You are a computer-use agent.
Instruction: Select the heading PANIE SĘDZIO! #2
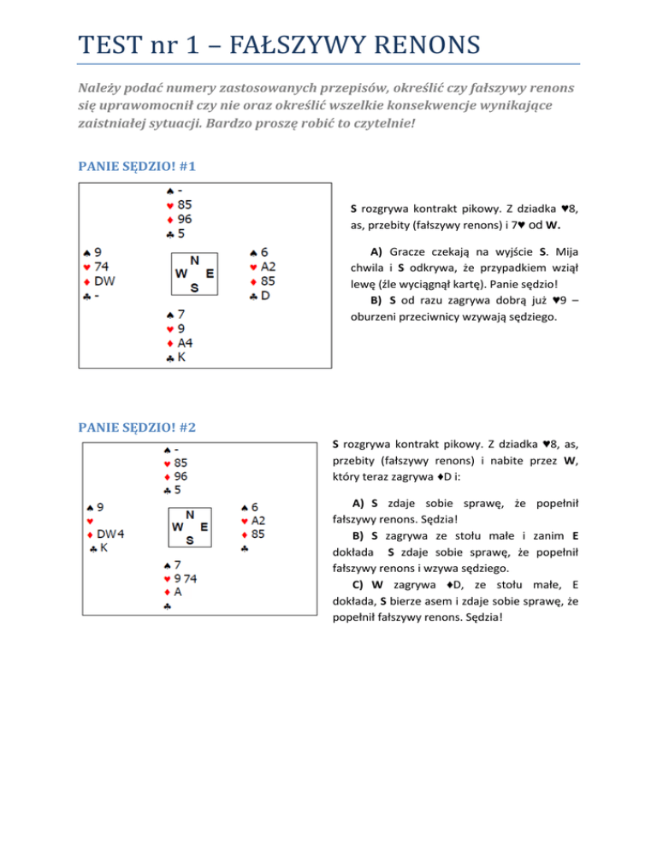click(136, 425)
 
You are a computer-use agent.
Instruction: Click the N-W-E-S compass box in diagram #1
click(194, 274)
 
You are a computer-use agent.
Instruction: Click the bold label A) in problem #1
click(376, 252)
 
